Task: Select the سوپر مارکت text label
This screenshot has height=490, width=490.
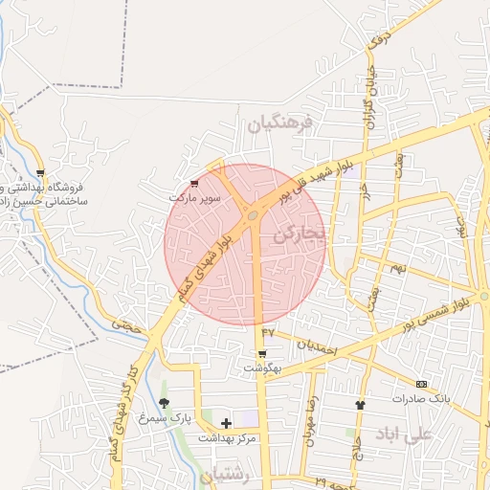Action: (x=195, y=197)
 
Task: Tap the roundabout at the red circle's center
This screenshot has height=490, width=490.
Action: (x=252, y=215)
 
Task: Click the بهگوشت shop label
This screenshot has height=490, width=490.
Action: (x=261, y=367)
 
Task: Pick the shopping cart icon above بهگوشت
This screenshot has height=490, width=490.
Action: (x=261, y=354)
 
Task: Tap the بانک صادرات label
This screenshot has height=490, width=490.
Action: (x=420, y=397)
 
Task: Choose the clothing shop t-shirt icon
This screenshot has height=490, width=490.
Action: (x=360, y=405)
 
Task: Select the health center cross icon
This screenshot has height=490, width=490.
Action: (x=226, y=422)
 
